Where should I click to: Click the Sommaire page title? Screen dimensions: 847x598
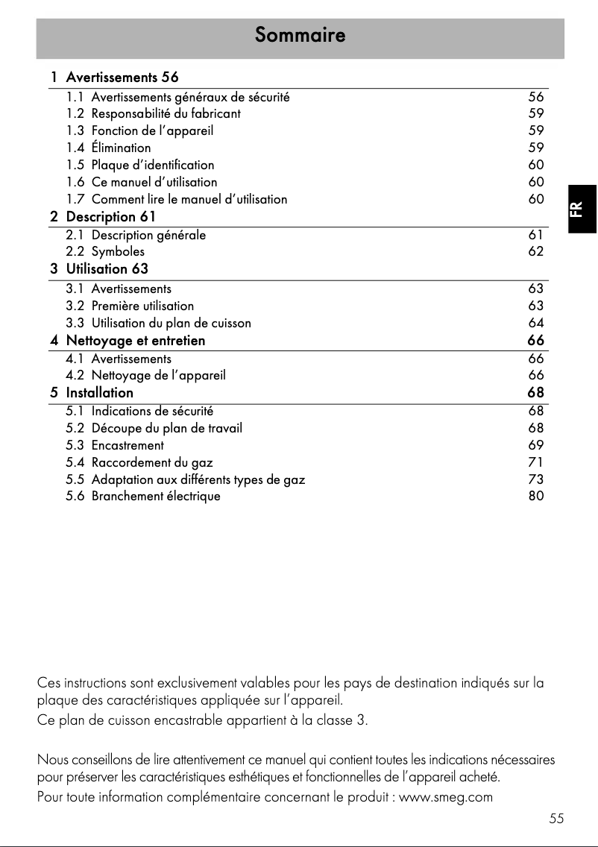tap(300, 35)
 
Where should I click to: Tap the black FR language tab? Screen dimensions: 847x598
tap(582, 210)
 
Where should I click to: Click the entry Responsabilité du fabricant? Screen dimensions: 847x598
tap(166, 114)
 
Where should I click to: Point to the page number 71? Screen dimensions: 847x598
tap(535, 462)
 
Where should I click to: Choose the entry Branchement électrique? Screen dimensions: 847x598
tap(156, 496)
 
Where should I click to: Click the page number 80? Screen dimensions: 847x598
tap(535, 496)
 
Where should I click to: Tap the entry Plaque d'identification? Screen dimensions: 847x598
tap(152, 165)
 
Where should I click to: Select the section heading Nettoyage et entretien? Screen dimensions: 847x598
tap(135, 341)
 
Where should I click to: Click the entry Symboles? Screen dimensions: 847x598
tap(118, 252)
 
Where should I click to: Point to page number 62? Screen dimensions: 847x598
tap(535, 252)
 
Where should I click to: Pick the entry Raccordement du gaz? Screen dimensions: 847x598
tap(152, 462)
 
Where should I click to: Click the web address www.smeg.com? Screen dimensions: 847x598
tap(446, 797)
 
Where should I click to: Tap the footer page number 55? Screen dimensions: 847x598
tap(555, 819)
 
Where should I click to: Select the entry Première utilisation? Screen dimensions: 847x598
tap(142, 306)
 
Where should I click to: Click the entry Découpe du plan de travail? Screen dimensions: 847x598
tap(166, 428)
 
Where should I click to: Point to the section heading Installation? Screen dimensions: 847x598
tap(99, 392)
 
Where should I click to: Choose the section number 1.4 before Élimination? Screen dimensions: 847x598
tap(75, 148)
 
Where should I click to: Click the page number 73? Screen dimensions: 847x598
tap(535, 479)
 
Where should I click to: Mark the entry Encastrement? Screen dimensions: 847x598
tap(128, 445)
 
